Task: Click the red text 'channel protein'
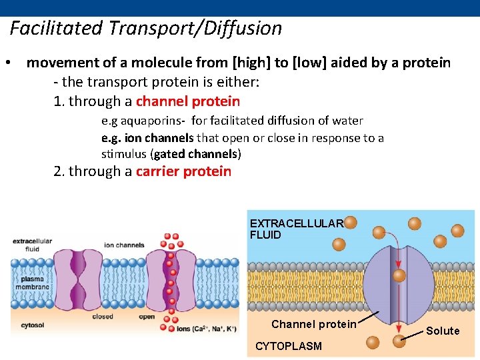click(x=187, y=102)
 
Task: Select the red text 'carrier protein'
click(x=183, y=171)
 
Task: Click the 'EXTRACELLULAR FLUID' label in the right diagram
click(x=295, y=229)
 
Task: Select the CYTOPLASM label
click(x=288, y=346)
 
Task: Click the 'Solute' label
click(x=443, y=331)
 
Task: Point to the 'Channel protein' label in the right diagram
click(x=313, y=325)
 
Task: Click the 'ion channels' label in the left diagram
click(x=124, y=245)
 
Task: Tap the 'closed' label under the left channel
click(x=103, y=317)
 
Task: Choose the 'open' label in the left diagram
click(x=147, y=317)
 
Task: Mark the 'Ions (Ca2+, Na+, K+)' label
click(x=206, y=329)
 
